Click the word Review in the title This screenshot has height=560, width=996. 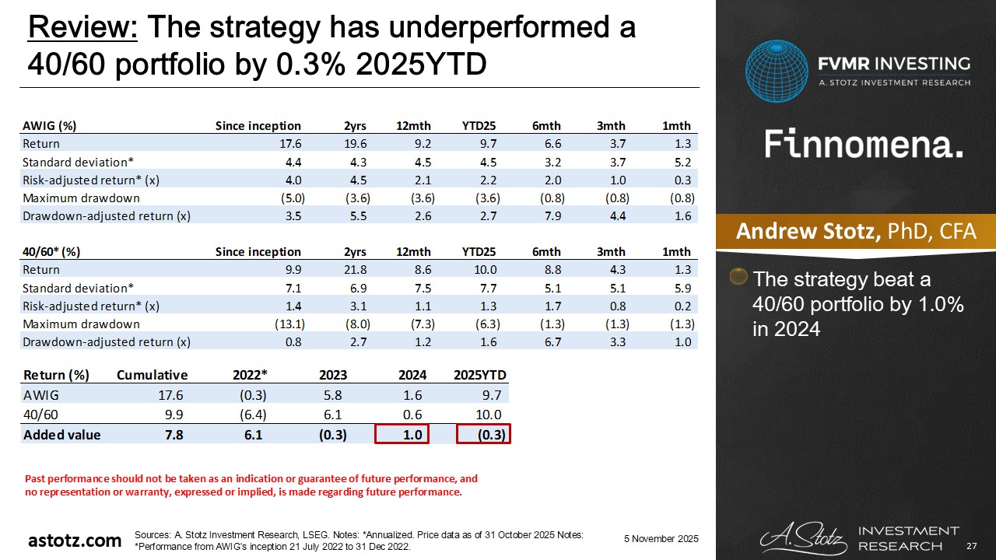click(82, 28)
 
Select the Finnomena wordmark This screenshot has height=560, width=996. click(864, 144)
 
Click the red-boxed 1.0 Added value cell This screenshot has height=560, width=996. click(402, 435)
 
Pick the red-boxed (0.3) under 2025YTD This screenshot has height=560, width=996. click(482, 435)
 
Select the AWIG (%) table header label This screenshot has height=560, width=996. click(50, 126)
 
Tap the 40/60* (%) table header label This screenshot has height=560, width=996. click(52, 251)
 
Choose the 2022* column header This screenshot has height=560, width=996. click(248, 375)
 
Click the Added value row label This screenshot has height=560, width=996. click(62, 435)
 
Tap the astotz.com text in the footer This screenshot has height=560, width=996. click(75, 540)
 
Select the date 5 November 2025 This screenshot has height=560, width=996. click(661, 539)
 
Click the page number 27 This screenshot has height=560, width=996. click(970, 547)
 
